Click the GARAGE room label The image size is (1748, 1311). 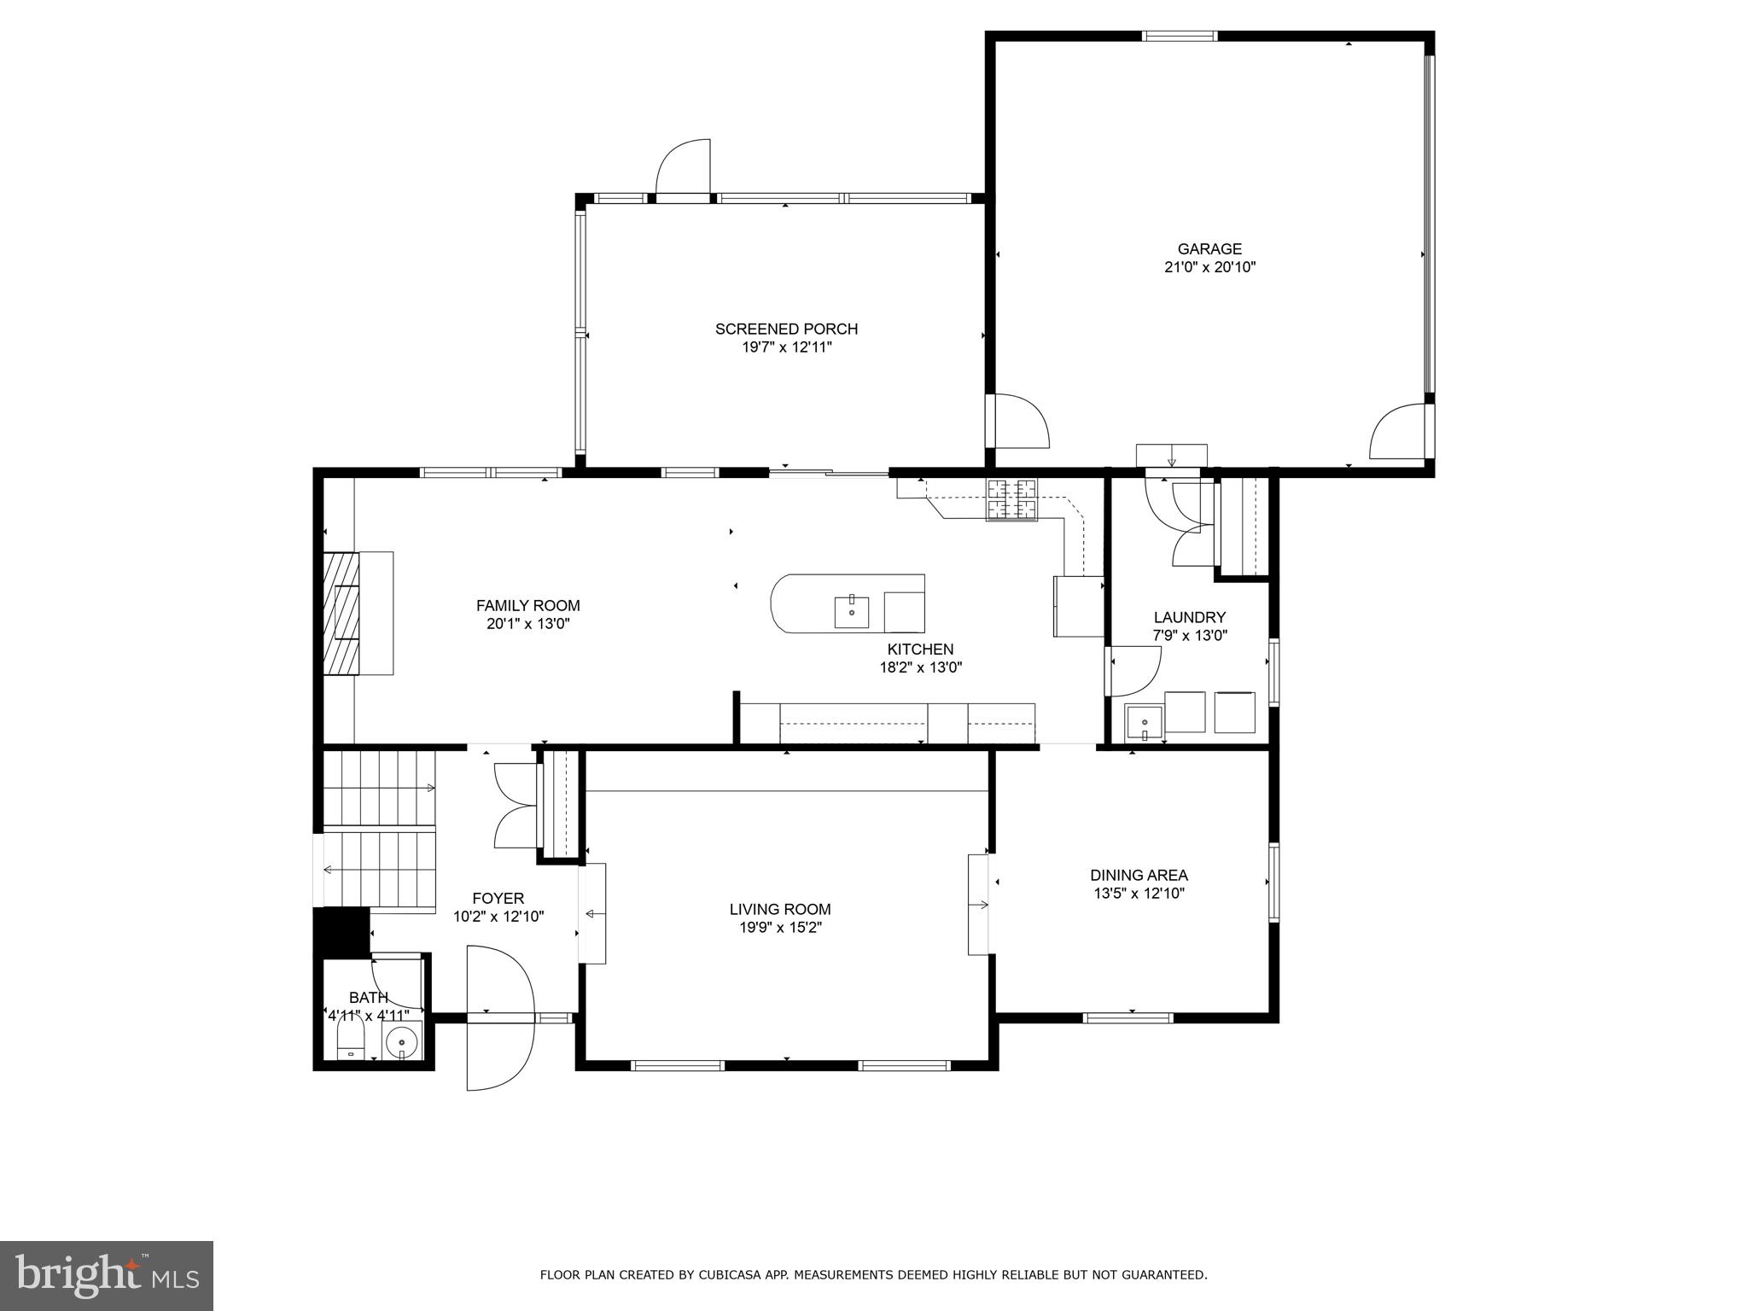[x=1209, y=249]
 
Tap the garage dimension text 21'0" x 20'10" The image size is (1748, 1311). [x=1209, y=267]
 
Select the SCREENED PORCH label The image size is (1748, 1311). [x=786, y=329]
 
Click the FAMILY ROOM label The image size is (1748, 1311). [x=527, y=605]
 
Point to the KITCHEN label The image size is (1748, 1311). [x=920, y=650]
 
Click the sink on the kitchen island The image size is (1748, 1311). [x=851, y=612]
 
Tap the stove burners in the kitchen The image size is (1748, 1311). [x=1012, y=500]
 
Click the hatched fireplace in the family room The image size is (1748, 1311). [x=341, y=613]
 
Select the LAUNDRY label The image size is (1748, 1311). [x=1189, y=617]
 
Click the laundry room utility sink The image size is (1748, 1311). [x=1144, y=722]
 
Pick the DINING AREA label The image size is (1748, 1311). [x=1139, y=875]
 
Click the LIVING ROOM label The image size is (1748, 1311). [x=779, y=910]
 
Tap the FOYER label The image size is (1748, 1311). [x=498, y=899]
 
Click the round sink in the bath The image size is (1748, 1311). [x=401, y=1042]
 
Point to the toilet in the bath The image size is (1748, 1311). [x=350, y=1042]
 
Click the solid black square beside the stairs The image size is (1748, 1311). [x=341, y=932]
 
